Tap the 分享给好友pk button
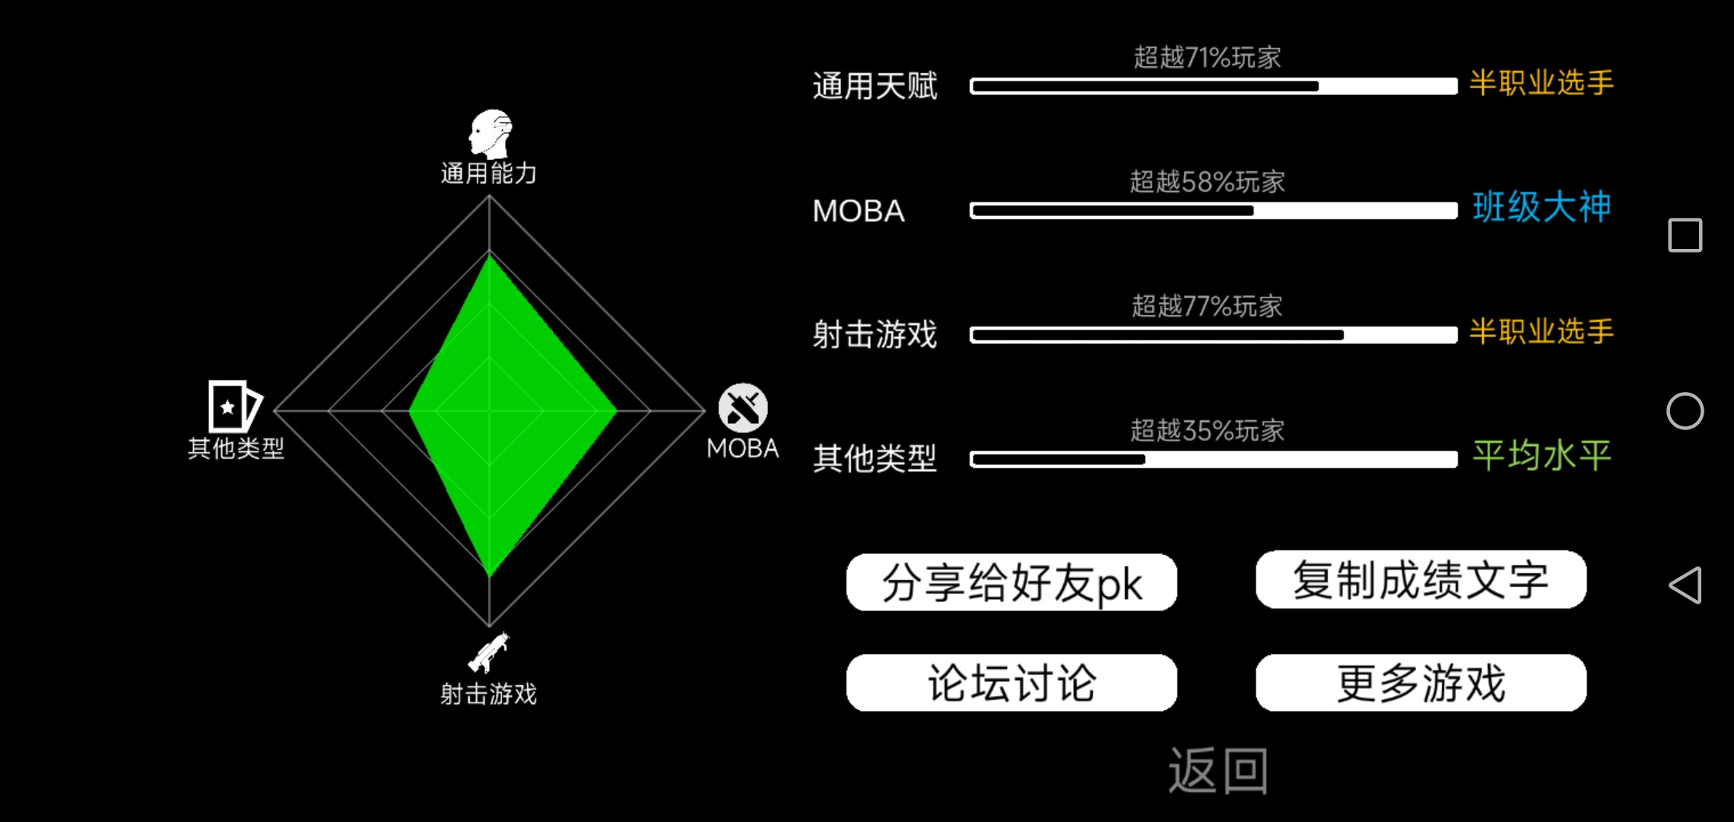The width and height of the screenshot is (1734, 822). [x=1011, y=582]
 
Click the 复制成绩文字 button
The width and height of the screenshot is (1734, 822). [x=1421, y=579]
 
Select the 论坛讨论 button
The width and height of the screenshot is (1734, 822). [x=1011, y=683]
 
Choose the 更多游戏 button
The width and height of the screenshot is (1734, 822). [x=1421, y=683]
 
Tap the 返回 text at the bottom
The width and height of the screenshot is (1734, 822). [x=1218, y=771]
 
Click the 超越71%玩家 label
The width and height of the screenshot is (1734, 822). [x=1207, y=57]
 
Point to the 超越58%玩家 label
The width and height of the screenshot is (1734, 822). [x=1207, y=182]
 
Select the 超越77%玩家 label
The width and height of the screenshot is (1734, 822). [x=1207, y=306]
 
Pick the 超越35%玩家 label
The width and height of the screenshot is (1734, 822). [x=1207, y=431]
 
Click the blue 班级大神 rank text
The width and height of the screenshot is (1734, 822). [x=1542, y=207]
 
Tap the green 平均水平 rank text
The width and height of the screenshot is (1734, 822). [x=1542, y=456]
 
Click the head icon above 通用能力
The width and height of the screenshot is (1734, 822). [x=491, y=134]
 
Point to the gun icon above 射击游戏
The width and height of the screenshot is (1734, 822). [x=489, y=653]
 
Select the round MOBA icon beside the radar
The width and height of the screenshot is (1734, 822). [x=743, y=408]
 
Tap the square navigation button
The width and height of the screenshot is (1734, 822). [x=1685, y=235]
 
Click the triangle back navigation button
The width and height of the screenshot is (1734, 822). [x=1685, y=585]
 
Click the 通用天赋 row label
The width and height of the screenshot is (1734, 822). [x=875, y=86]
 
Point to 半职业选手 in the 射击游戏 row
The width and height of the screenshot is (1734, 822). [x=1542, y=332]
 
